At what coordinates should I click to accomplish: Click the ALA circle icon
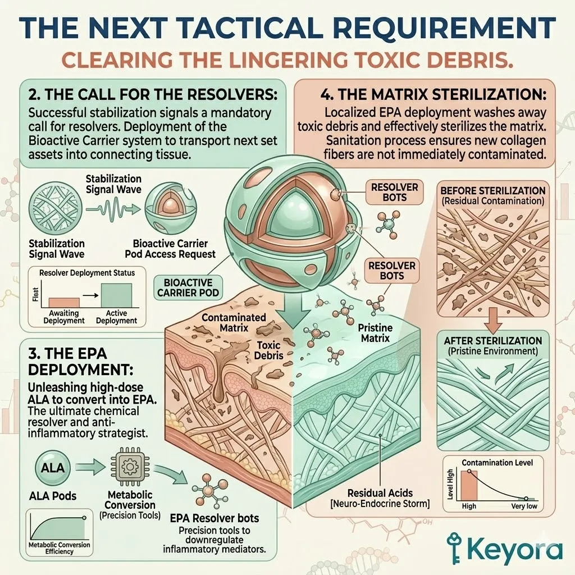click(53, 468)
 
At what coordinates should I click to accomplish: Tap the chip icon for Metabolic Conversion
click(129, 467)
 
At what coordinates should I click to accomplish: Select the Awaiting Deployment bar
click(64, 303)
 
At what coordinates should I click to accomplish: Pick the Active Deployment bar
click(116, 295)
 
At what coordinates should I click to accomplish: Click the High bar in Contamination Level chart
click(469, 485)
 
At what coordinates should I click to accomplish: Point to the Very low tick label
click(524, 506)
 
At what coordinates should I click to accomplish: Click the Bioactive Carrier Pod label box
click(188, 288)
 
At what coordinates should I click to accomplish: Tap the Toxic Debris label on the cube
click(269, 350)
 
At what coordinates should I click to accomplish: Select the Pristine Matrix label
click(375, 333)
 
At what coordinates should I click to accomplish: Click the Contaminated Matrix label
click(234, 323)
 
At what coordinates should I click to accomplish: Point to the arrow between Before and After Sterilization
click(493, 320)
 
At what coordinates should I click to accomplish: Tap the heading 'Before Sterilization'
click(493, 191)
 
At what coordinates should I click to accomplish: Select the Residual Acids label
click(380, 493)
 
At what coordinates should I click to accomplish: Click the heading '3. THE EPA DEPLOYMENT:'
click(81, 362)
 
